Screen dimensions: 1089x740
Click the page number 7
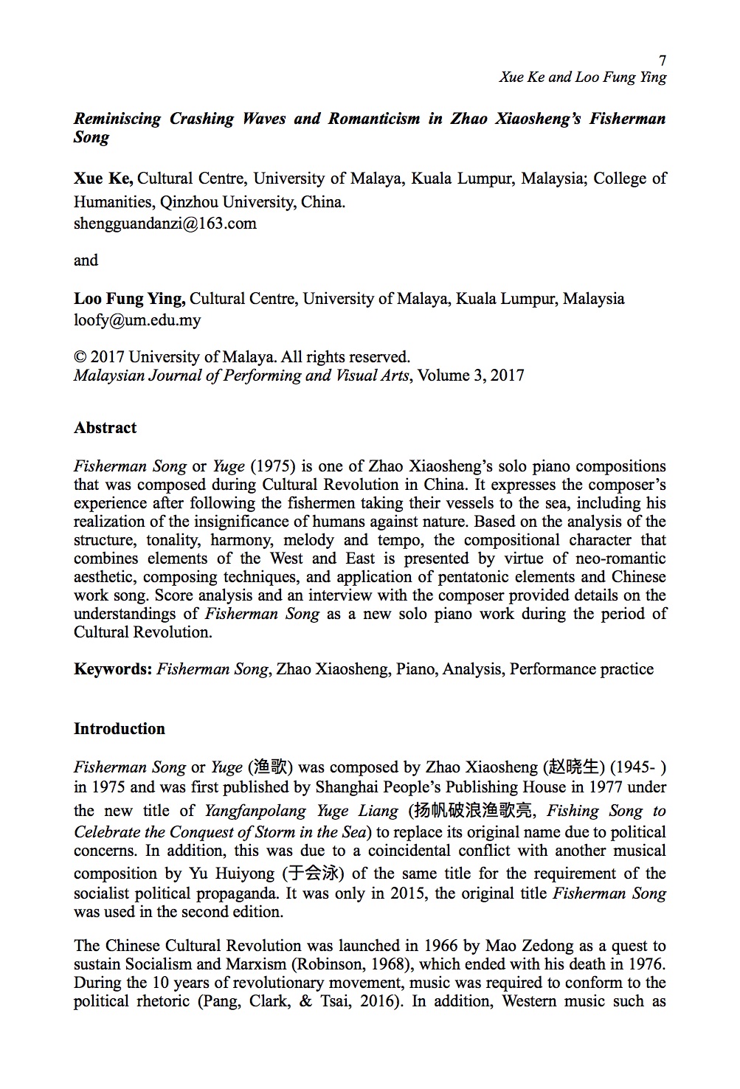tap(662, 60)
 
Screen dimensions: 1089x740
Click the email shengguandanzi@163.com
tap(165, 224)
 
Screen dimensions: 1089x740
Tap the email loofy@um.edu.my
tap(137, 320)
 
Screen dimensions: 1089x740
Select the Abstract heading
tap(105, 428)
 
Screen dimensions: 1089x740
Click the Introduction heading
tap(119, 729)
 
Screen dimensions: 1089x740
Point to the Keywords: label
tap(113, 669)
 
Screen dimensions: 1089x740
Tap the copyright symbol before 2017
tap(80, 357)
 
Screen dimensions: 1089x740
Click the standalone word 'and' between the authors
tap(86, 260)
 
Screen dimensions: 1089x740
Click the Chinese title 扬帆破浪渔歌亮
tap(472, 811)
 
